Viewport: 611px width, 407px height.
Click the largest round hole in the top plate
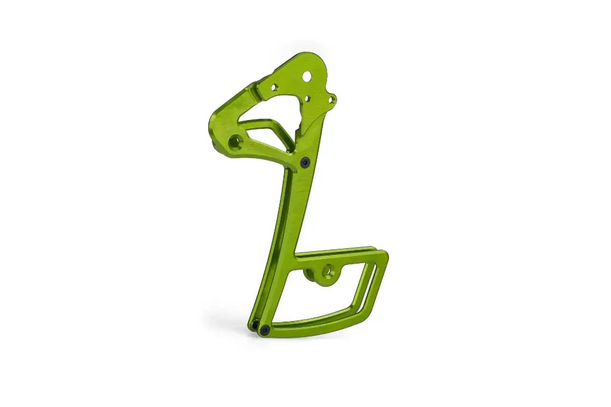click(x=307, y=76)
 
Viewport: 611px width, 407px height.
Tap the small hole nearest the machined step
click(x=274, y=88)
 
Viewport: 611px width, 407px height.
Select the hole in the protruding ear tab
click(x=332, y=99)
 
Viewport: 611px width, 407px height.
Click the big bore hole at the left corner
click(x=235, y=142)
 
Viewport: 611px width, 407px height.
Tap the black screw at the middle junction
click(x=305, y=162)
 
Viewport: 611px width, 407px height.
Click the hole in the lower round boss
click(x=326, y=272)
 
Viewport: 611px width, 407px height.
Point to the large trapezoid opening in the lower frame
click(x=316, y=295)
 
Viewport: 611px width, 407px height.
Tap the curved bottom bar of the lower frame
click(x=316, y=325)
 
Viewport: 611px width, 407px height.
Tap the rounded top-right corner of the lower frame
click(x=383, y=255)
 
